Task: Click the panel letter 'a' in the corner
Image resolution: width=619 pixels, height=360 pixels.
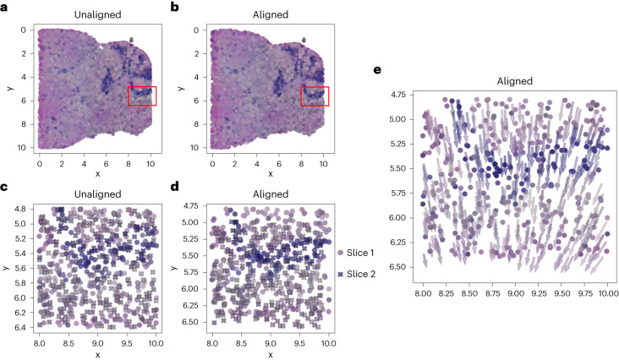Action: pos(5,7)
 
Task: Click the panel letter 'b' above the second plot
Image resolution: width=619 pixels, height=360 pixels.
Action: pos(174,7)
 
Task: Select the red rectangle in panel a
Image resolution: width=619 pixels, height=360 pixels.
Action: pos(142,96)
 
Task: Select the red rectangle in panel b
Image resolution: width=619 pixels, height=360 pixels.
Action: pos(315,96)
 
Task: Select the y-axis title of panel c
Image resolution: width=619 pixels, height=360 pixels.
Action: pos(7,268)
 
